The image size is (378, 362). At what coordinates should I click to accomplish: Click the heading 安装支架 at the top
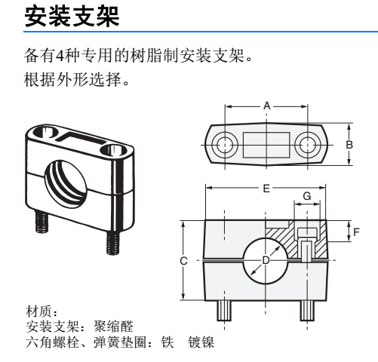coord(72,17)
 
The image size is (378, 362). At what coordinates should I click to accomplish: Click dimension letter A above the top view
coord(267,106)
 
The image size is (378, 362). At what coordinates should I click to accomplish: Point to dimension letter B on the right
coord(349,145)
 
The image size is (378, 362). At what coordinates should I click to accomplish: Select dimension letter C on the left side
coord(183,261)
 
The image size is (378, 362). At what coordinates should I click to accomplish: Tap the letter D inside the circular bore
coord(266,260)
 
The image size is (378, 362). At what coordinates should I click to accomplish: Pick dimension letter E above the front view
coord(266,189)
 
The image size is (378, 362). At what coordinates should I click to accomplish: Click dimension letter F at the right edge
coord(356,232)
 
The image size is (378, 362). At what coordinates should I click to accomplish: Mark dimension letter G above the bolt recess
coord(307,196)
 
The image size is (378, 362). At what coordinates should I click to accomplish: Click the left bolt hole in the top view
coord(225,145)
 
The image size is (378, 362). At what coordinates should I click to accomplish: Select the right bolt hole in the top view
coord(307,145)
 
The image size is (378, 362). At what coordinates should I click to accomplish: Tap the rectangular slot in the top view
coord(266,145)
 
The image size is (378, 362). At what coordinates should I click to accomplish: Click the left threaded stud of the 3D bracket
coord(41,222)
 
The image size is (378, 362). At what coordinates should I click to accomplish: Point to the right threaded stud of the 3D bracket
coord(112,242)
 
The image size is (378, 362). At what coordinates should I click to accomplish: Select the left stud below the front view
coord(224,311)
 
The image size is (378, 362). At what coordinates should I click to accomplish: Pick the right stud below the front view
coord(307,311)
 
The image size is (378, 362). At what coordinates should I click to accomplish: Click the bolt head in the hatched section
coord(307,232)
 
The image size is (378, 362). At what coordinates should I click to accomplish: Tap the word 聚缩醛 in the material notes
coord(113,327)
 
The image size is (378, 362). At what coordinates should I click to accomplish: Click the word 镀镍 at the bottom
coord(201,342)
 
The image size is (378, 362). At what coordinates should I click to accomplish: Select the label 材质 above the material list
coord(38,311)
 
